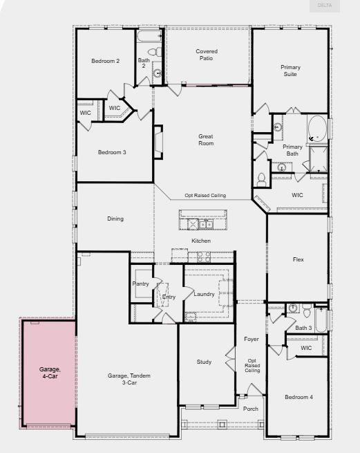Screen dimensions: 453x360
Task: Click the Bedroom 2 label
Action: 106,61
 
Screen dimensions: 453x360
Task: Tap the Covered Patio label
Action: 206,55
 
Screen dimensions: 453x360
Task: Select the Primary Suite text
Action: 290,71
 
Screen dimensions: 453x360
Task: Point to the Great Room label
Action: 206,140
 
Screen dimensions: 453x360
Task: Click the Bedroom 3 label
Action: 111,152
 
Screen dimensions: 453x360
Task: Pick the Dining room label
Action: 115,219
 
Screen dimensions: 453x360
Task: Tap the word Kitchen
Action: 201,241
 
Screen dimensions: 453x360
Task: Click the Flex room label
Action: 299,259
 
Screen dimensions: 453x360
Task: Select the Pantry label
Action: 141,284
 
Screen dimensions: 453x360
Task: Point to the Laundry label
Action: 205,294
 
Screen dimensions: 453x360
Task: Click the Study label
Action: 203,362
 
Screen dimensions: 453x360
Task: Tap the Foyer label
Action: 251,339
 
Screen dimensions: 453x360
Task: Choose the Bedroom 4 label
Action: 300,397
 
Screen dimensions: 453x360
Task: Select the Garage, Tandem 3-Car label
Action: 129,379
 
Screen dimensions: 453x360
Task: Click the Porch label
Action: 251,409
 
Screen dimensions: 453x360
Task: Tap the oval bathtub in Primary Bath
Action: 317,129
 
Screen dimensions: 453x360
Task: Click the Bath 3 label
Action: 304,328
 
